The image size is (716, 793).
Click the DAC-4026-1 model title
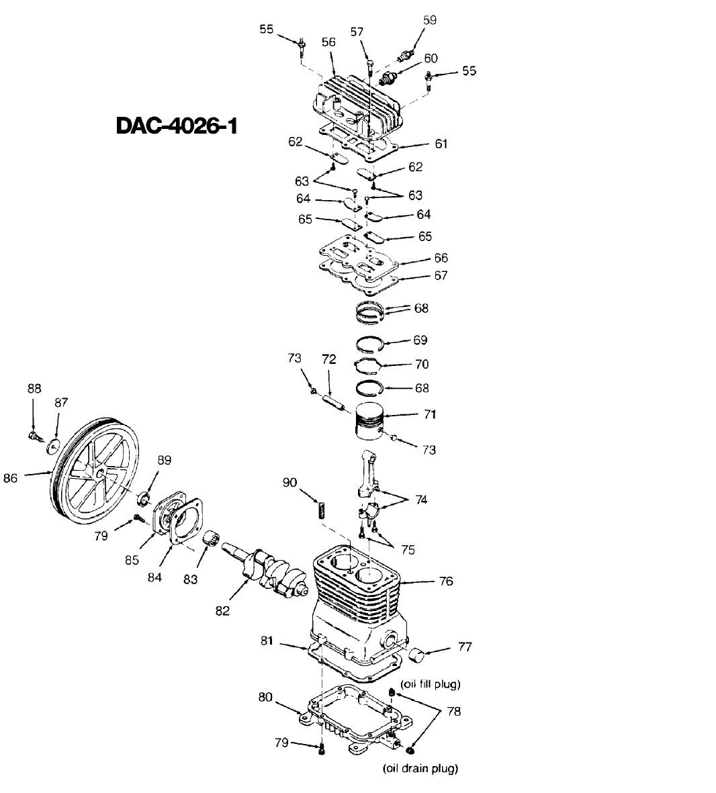(x=177, y=126)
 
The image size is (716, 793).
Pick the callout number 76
(x=446, y=581)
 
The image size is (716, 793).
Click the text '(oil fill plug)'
(x=430, y=684)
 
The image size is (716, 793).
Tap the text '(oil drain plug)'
(x=420, y=768)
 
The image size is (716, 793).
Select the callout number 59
(x=429, y=21)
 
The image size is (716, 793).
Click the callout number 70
(x=422, y=364)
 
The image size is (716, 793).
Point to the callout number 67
(x=441, y=275)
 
